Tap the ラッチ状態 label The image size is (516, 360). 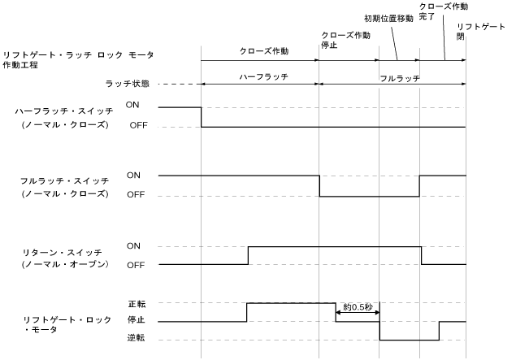(x=128, y=83)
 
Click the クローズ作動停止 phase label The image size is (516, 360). (x=346, y=41)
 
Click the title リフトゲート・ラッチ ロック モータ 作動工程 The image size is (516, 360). (x=78, y=59)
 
